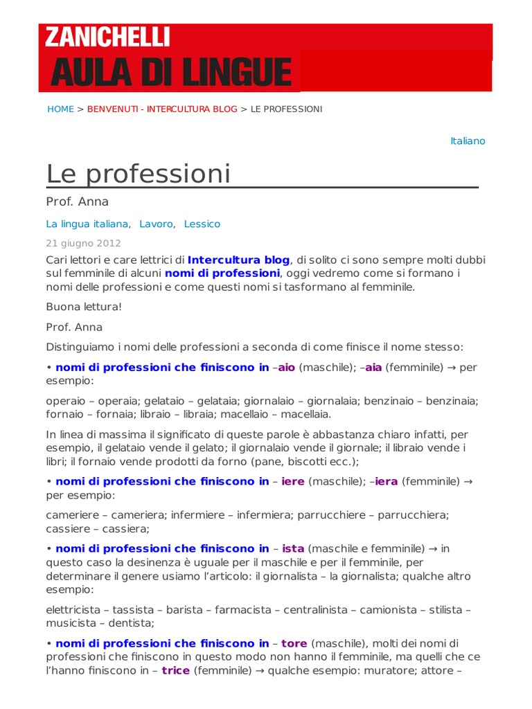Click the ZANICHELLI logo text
[x=107, y=37]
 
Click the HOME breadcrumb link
[x=60, y=109]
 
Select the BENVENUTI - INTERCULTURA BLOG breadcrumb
[x=162, y=109]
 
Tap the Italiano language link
[x=468, y=141]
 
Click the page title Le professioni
[x=139, y=173]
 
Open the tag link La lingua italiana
[x=87, y=224]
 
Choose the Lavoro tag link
[x=156, y=224]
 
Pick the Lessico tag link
[x=202, y=224]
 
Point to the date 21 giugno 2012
[x=83, y=243]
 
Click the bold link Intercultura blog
[x=238, y=260]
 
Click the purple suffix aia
[x=373, y=368]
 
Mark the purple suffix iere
[x=293, y=481]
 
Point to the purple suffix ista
[x=293, y=548]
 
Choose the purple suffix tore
[x=294, y=643]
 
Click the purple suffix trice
[x=175, y=670]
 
